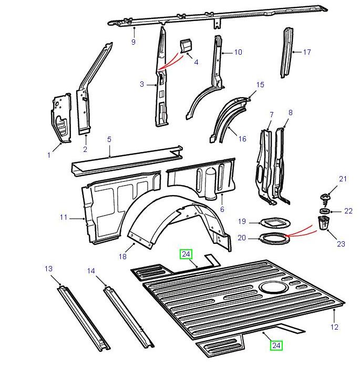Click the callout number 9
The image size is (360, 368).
click(x=133, y=42)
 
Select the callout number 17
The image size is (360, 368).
click(x=307, y=52)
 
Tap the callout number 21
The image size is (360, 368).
click(x=343, y=179)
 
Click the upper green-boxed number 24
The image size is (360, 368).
click(x=186, y=254)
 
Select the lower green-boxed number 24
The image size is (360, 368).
click(x=276, y=345)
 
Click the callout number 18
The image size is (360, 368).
click(x=122, y=257)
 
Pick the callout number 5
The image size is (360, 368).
click(x=109, y=139)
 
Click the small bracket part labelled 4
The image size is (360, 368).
click(x=186, y=46)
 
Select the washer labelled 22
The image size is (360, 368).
click(x=324, y=211)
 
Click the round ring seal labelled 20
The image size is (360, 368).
click(x=275, y=238)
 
